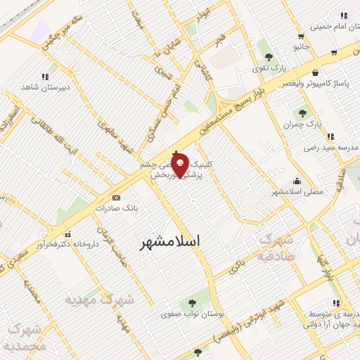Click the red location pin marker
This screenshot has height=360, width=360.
pos(179,165)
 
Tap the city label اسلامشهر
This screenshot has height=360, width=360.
pos(169,241)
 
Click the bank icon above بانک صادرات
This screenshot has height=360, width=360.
pos(116,198)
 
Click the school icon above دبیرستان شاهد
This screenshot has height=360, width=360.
pos(46,77)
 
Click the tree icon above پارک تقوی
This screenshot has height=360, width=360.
pos(266,55)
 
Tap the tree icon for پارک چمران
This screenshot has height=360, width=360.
pos(302,113)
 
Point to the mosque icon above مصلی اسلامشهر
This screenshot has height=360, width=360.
pos(297,180)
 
